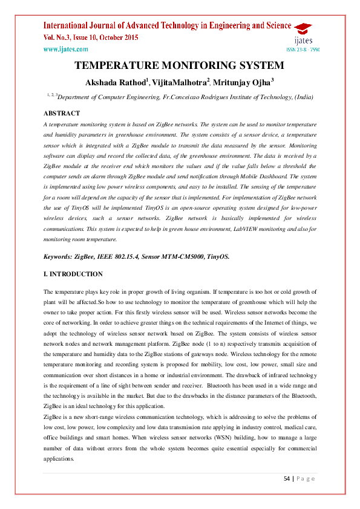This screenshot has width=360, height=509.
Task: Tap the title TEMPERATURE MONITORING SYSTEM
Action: tap(179, 65)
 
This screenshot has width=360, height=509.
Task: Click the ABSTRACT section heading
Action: tap(62, 113)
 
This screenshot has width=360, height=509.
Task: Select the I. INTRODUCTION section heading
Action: tap(73, 274)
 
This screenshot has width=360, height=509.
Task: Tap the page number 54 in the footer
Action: tap(288, 479)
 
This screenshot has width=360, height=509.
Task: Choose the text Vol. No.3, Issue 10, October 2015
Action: tap(91, 38)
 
